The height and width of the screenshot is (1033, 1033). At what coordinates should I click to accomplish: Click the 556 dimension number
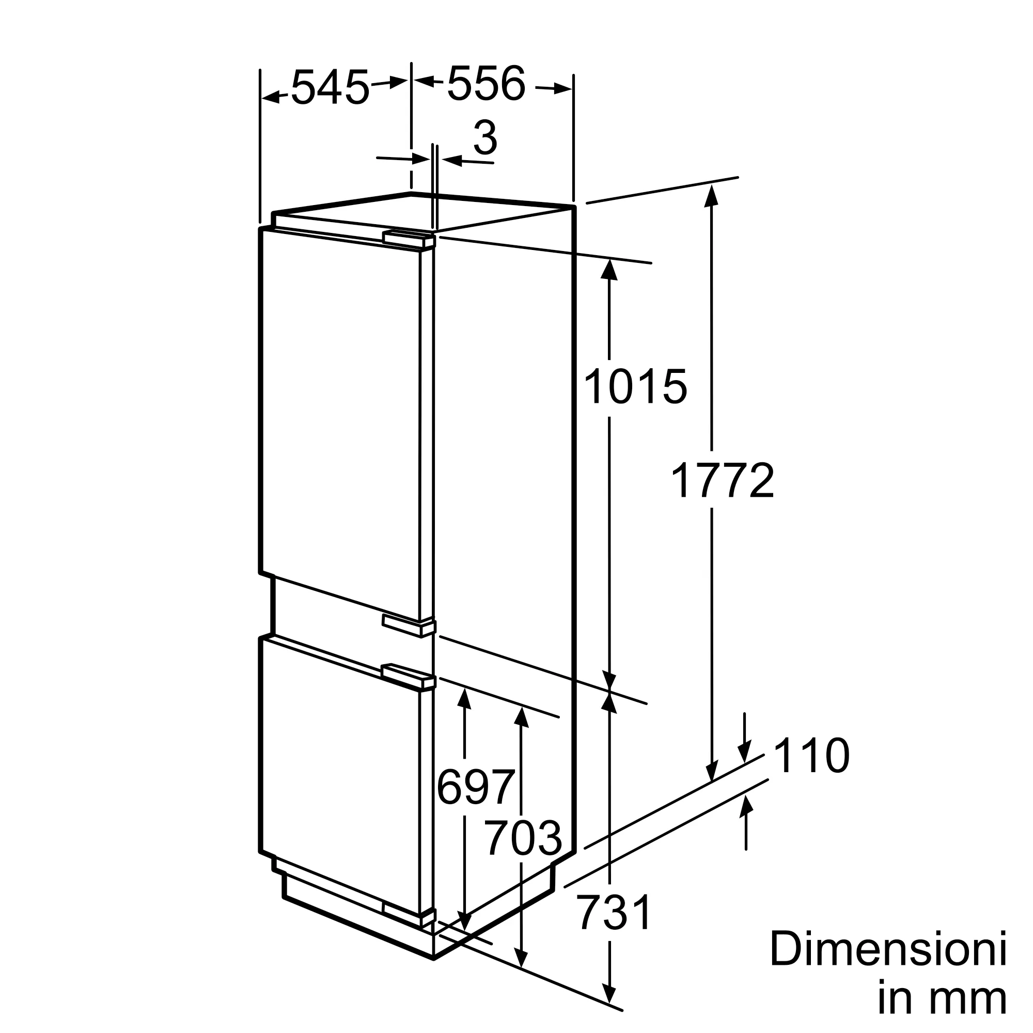[x=486, y=83]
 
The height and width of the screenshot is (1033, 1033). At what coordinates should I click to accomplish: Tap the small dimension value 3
[x=486, y=138]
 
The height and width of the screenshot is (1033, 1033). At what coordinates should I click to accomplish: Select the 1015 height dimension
[x=635, y=386]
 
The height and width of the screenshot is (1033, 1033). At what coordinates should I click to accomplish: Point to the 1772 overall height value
[x=722, y=481]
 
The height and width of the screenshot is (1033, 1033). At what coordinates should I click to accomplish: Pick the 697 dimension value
[x=476, y=787]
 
